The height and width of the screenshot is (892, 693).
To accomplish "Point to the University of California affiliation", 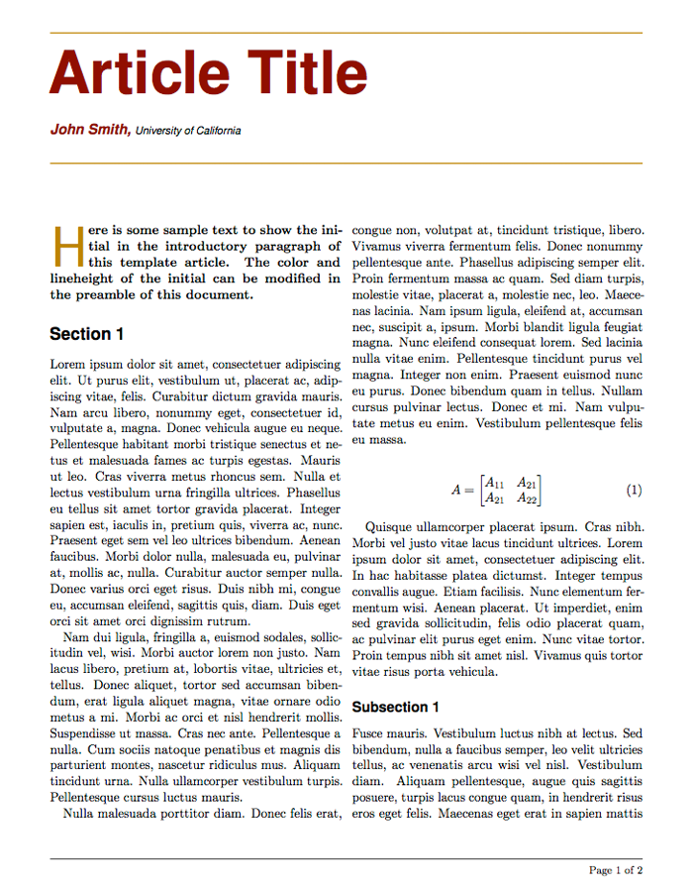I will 188,130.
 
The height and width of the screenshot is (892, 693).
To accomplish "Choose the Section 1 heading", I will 87,334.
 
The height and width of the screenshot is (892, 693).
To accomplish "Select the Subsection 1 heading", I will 395,707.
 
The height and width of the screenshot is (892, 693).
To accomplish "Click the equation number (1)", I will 635,491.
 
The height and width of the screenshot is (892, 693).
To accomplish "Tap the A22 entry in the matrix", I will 528,499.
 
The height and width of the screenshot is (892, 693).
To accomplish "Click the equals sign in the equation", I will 469,491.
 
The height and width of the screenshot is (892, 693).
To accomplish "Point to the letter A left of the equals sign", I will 456,491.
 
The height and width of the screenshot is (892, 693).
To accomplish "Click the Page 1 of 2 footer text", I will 616,870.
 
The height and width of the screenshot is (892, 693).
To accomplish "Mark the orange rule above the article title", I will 346,33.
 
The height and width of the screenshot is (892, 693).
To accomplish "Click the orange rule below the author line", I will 346,163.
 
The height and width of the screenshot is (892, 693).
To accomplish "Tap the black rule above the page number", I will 346,858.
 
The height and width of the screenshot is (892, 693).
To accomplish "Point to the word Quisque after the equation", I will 390,527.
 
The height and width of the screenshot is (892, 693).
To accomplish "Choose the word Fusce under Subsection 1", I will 368,733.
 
